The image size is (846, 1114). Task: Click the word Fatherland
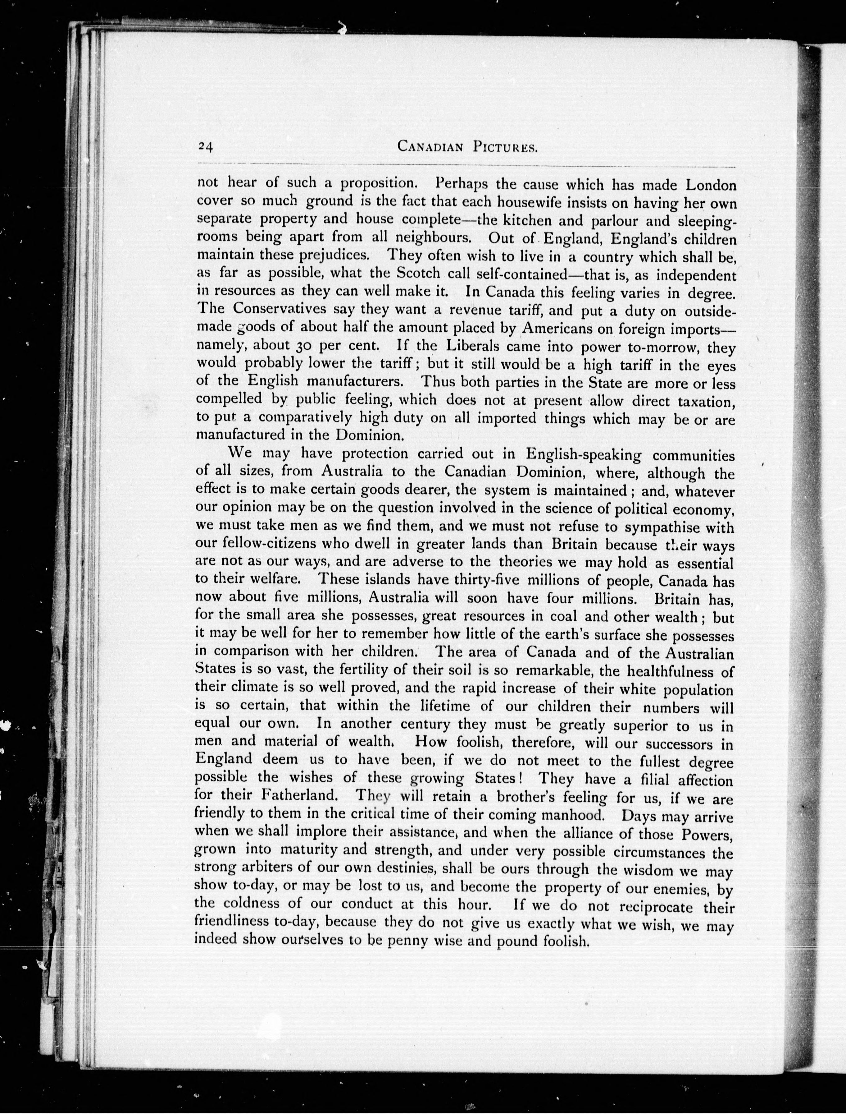(299, 796)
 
